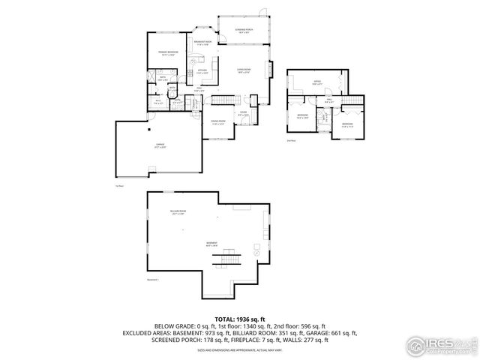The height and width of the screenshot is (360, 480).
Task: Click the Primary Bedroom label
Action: click(x=167, y=52)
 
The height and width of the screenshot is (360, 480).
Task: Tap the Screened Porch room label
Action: click(x=243, y=31)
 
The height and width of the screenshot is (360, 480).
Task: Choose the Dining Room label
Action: click(x=217, y=122)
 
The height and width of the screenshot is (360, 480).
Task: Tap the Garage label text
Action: click(x=160, y=146)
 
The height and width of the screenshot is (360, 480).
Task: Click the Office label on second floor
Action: click(x=318, y=83)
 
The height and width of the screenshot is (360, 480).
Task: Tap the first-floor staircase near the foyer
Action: click(x=222, y=100)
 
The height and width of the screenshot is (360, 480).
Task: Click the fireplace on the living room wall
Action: click(x=268, y=76)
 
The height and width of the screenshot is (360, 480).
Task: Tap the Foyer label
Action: click(x=243, y=114)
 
